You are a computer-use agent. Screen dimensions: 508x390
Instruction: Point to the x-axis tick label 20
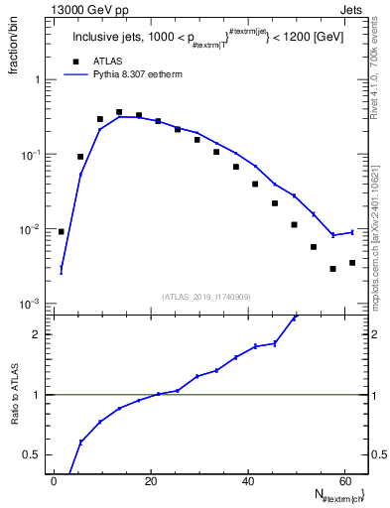pyautogui.click(x=150, y=480)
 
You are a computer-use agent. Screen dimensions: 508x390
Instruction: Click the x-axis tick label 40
pyautogui.click(x=246, y=480)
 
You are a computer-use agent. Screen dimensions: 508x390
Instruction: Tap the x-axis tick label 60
pyautogui.click(x=342, y=480)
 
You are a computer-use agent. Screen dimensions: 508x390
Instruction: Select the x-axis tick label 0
pyautogui.click(x=54, y=480)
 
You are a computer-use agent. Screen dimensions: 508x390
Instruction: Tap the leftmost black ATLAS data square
pyautogui.click(x=62, y=231)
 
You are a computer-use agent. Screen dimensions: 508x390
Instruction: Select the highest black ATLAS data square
pyautogui.click(x=119, y=112)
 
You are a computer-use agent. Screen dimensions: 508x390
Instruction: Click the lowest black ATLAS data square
pyautogui.click(x=332, y=269)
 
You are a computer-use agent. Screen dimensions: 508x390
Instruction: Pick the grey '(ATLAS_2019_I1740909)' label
pyautogui.click(x=205, y=296)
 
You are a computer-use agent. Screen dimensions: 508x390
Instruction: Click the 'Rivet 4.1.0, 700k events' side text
pyautogui.click(x=379, y=89)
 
